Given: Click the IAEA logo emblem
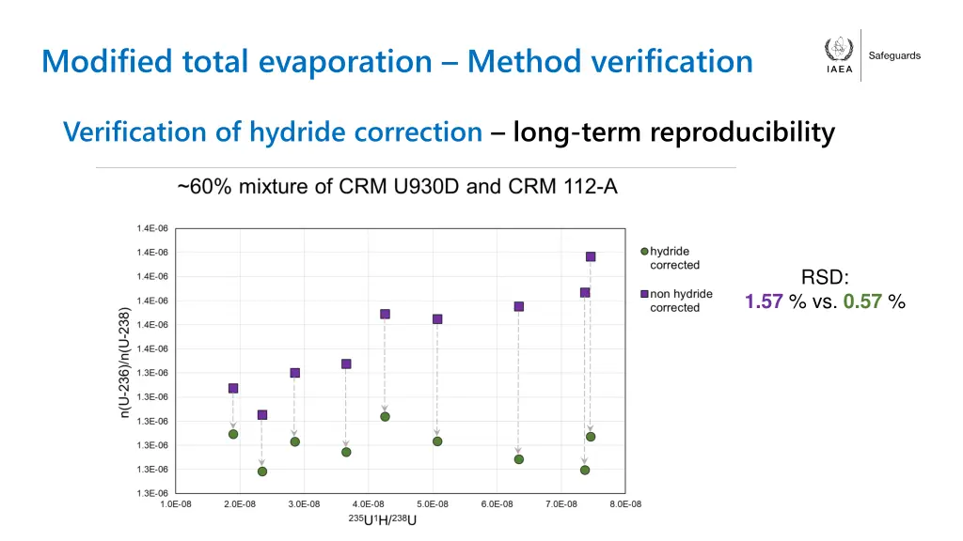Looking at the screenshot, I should click(x=839, y=50).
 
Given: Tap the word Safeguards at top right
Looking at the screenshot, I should click(x=894, y=56).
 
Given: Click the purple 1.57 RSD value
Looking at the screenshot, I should click(x=764, y=301).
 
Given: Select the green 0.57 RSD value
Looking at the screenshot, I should click(x=862, y=301).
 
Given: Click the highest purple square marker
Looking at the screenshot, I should click(x=591, y=256).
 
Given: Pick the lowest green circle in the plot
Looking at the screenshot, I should click(x=262, y=471).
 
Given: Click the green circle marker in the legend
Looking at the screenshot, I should click(x=644, y=252).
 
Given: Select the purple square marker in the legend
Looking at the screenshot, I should click(x=644, y=294).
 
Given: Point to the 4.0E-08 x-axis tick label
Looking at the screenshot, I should click(x=368, y=505).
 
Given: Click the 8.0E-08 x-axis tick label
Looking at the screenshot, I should click(x=624, y=505).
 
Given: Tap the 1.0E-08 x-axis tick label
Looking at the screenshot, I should click(x=176, y=505).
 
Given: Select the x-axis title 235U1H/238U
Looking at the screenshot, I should click(x=383, y=520).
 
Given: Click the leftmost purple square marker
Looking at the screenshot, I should click(x=233, y=388).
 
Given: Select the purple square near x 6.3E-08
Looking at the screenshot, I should click(x=519, y=306).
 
